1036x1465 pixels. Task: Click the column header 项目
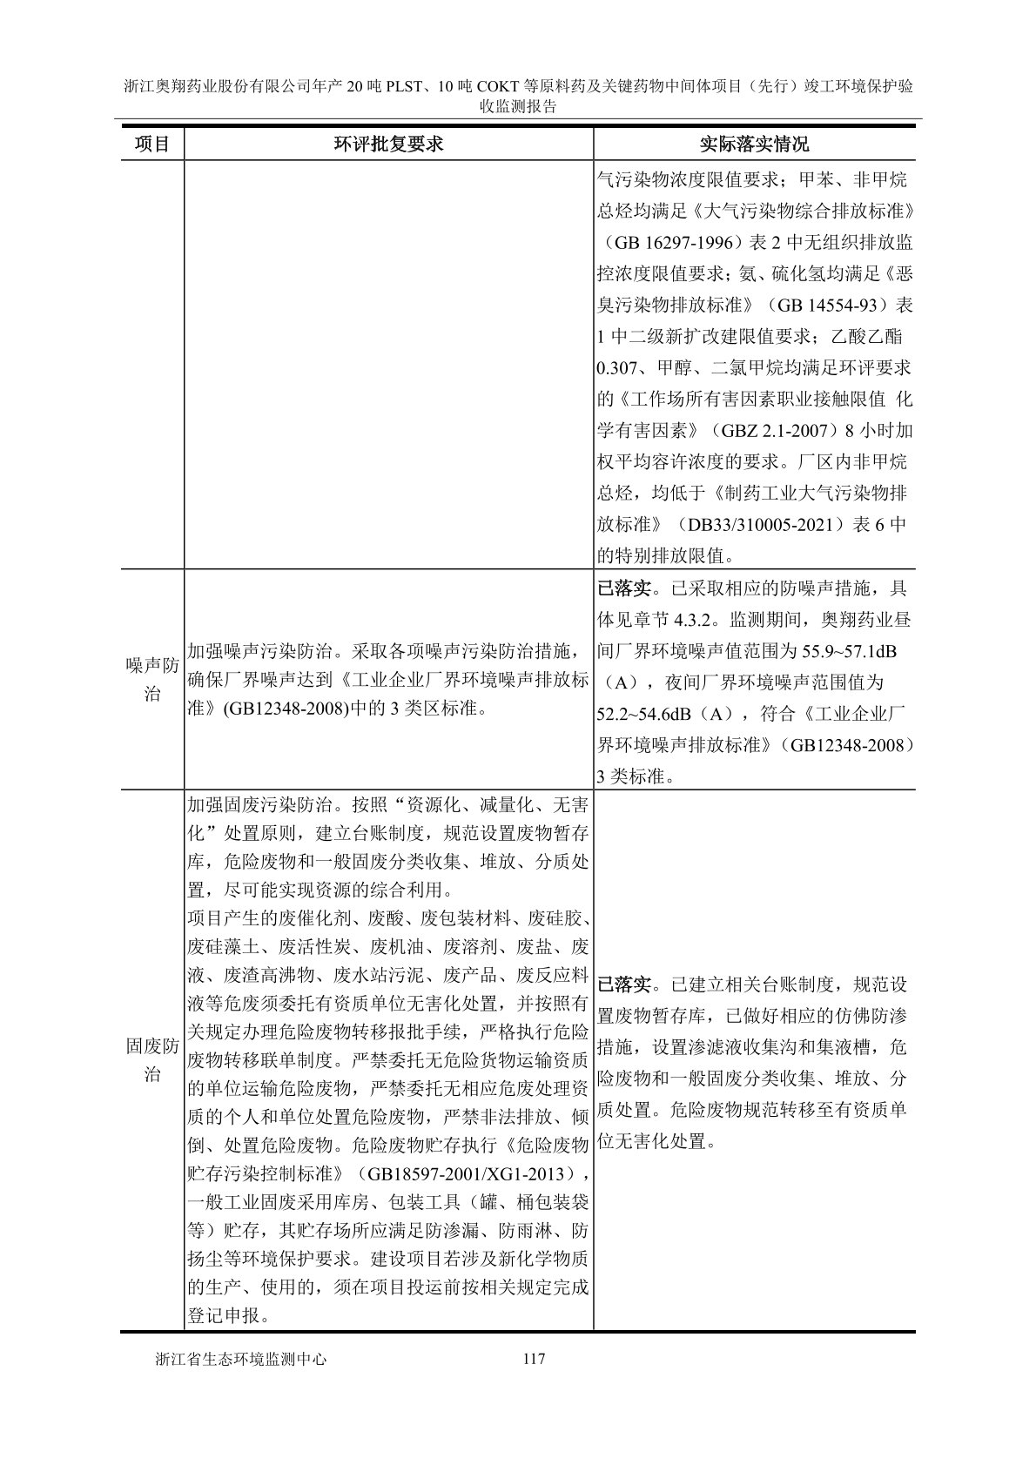tap(151, 144)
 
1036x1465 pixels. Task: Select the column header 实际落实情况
tap(754, 144)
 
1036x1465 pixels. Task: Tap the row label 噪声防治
tap(151, 680)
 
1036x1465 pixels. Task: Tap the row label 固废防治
tap(151, 1059)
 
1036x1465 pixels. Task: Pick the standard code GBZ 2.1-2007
tap(783, 430)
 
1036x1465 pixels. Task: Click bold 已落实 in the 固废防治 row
tap(625, 985)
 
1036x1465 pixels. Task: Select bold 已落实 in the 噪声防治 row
tap(625, 588)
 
